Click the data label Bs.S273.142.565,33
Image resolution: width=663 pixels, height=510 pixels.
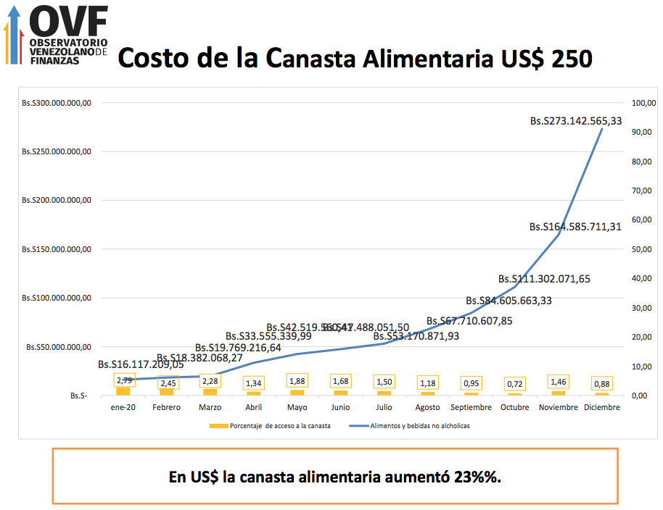[576, 121]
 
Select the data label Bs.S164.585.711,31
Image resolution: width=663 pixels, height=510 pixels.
[575, 227]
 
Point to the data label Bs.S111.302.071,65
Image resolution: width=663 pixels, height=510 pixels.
[544, 279]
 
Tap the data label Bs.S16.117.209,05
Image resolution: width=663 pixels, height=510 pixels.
[141, 364]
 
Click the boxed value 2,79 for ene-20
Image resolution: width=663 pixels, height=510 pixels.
[124, 380]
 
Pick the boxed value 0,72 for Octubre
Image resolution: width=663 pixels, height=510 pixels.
[514, 382]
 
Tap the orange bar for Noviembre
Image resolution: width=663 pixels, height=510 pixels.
[558, 393]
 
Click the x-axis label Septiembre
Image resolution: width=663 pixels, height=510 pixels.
[471, 407]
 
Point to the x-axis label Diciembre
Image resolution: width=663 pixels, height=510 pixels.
[601, 407]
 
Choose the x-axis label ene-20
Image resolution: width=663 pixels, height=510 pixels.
[123, 407]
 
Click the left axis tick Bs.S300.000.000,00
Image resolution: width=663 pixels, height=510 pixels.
[56, 103]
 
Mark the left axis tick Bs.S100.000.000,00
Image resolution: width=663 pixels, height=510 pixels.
[56, 298]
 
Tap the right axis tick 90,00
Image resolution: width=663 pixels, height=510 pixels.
[642, 132]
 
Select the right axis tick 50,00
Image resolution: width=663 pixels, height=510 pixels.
[642, 249]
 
